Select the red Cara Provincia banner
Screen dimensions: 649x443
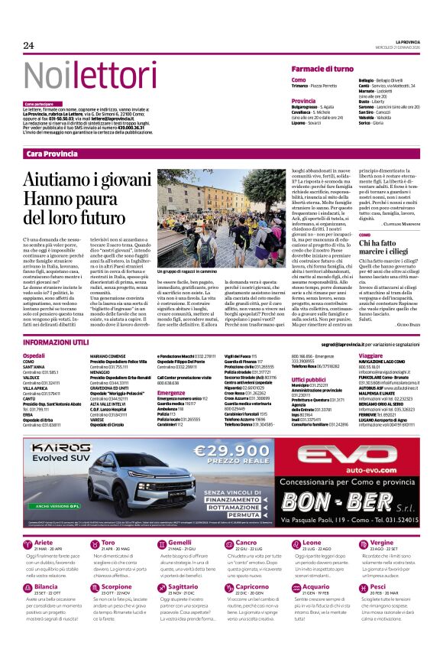(x=52, y=154)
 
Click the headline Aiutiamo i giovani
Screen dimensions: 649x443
(x=86, y=179)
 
